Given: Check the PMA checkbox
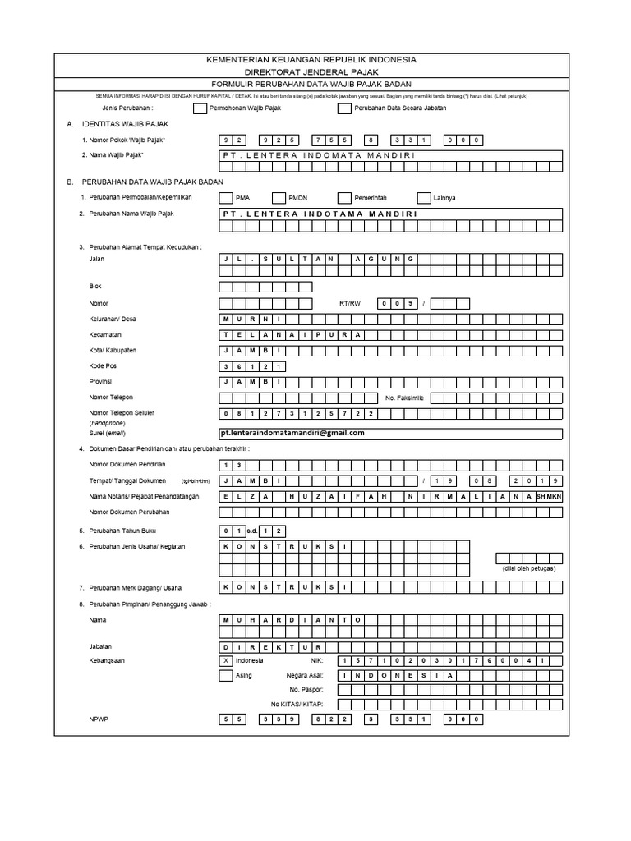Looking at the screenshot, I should (226, 198).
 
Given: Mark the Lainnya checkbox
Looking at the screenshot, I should (424, 198).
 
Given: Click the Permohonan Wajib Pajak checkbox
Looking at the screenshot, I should (200, 108).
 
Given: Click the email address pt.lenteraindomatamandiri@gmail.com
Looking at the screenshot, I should (292, 433).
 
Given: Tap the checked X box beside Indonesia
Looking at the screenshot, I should (226, 660).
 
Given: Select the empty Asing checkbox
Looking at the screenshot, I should (226, 675).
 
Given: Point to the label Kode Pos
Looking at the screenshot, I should (103, 365).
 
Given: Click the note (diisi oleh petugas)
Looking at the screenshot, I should (529, 568).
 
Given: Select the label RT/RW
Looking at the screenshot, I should (350, 304).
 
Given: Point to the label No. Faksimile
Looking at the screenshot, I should (404, 398).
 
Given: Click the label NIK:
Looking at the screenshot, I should (318, 660).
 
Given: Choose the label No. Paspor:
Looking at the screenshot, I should (306, 690).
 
